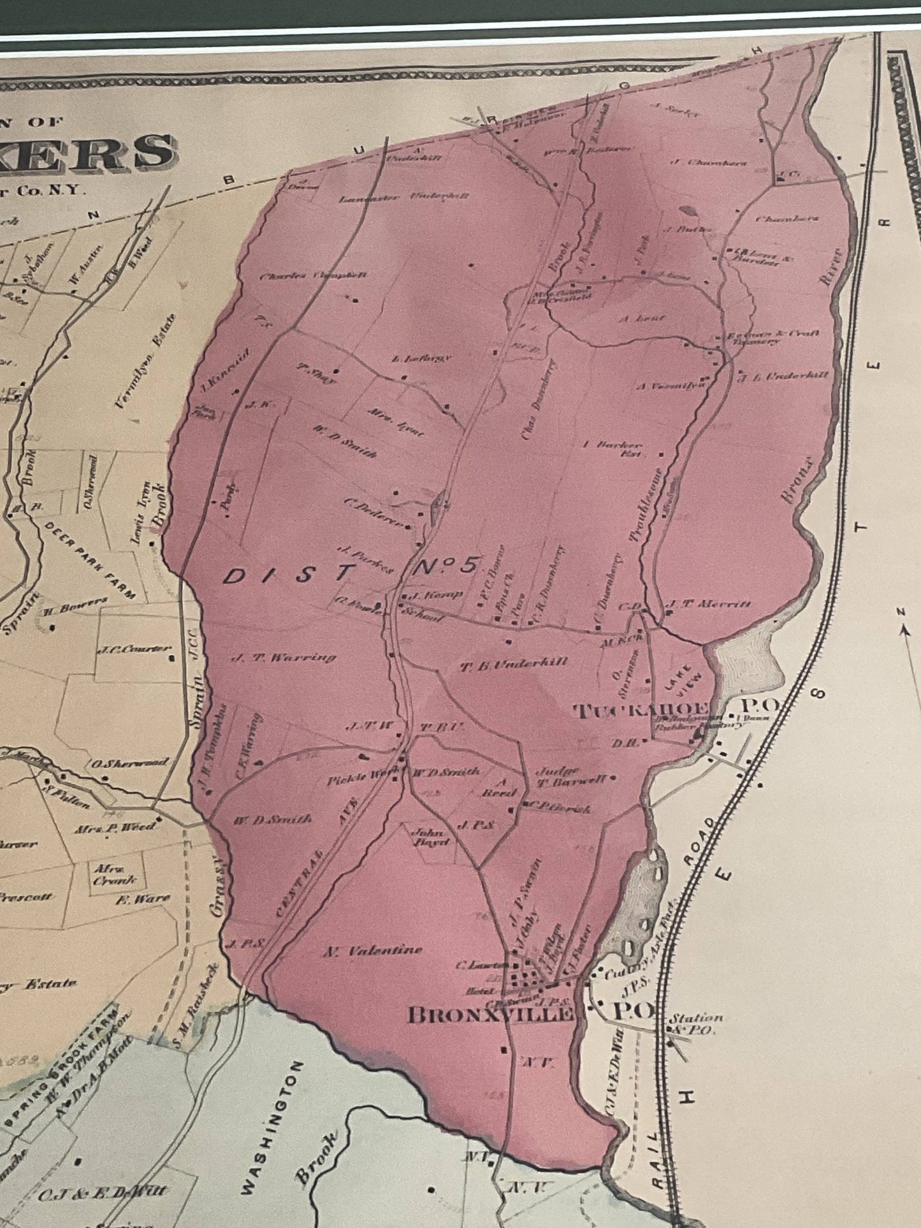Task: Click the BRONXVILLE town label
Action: coord(490,1015)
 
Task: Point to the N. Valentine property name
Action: coord(373,950)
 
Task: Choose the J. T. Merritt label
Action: coord(707,604)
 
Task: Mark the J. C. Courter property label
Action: coord(134,651)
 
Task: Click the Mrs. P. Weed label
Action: coord(115,826)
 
